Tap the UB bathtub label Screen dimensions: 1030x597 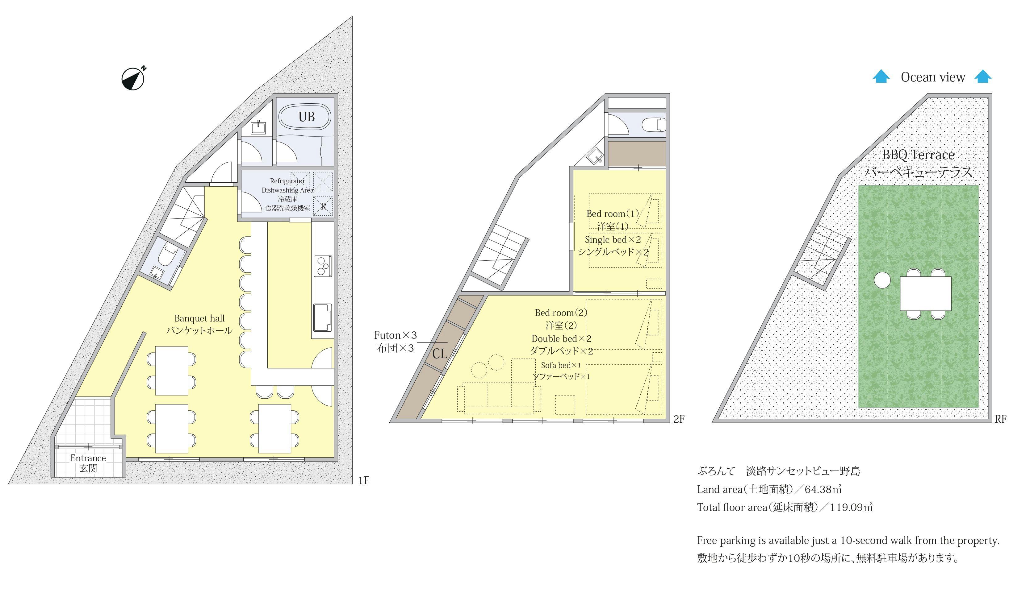(307, 117)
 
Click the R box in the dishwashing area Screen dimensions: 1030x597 (323, 206)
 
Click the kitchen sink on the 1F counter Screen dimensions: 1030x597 (322, 317)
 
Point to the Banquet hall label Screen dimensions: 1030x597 (199, 318)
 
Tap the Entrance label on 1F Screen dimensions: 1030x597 (88, 458)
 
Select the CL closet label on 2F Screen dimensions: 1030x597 (440, 354)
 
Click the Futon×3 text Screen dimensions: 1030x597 (395, 335)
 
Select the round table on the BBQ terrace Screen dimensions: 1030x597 (882, 280)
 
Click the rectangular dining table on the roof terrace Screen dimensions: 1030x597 (925, 293)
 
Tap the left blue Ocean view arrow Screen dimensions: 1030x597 (881, 77)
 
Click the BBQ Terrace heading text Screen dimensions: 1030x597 (918, 155)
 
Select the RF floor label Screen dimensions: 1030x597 (1001, 419)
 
